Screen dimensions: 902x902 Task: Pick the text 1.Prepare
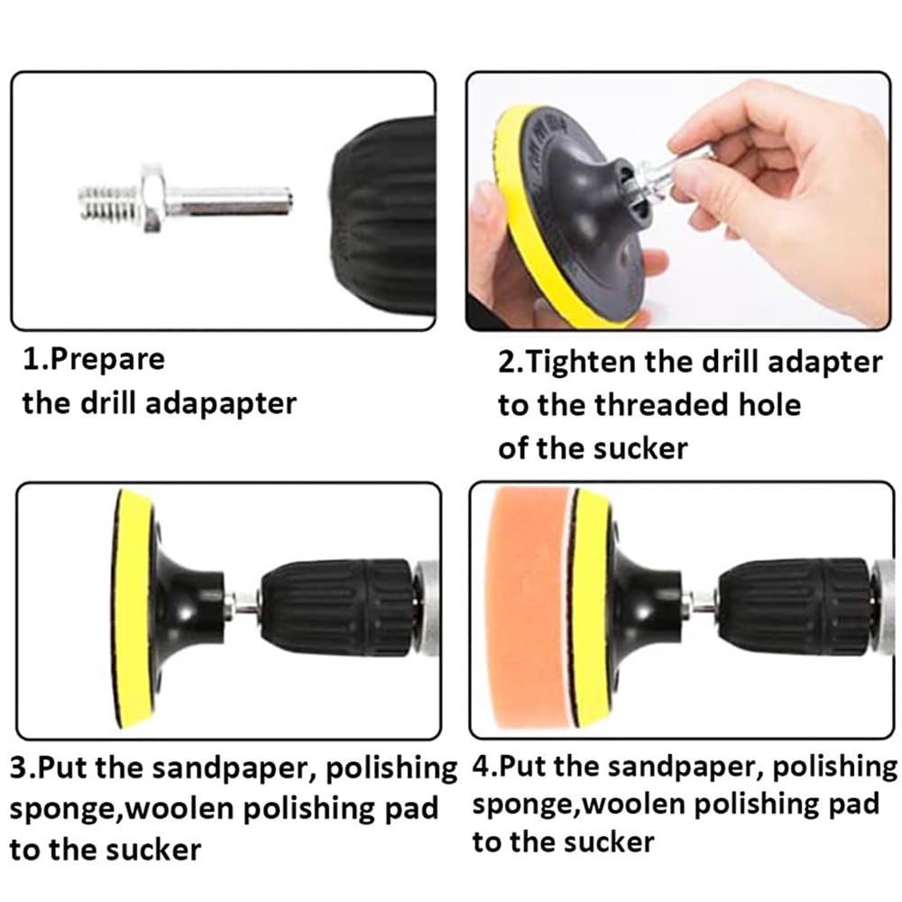click(x=94, y=359)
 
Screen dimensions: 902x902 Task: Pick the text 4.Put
click(x=507, y=767)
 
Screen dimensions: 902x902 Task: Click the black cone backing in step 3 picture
click(x=185, y=604)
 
